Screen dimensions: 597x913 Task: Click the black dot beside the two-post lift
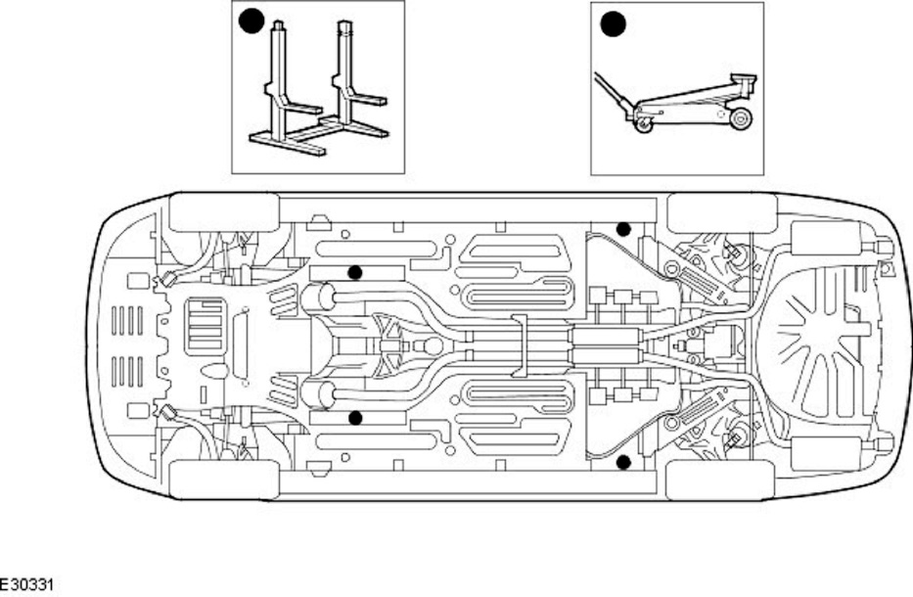pyautogui.click(x=251, y=22)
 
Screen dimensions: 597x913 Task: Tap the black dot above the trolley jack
pyautogui.click(x=613, y=23)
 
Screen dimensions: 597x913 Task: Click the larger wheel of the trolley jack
pyautogui.click(x=740, y=119)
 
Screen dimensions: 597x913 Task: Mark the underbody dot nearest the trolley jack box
pyautogui.click(x=622, y=229)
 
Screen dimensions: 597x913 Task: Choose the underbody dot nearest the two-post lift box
pyautogui.click(x=355, y=272)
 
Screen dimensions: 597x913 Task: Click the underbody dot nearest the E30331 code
pyautogui.click(x=355, y=418)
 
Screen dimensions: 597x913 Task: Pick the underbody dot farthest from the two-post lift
pyautogui.click(x=622, y=461)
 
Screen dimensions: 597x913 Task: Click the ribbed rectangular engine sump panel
pyautogui.click(x=205, y=325)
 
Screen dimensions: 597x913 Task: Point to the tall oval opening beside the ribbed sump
pyautogui.click(x=241, y=344)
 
